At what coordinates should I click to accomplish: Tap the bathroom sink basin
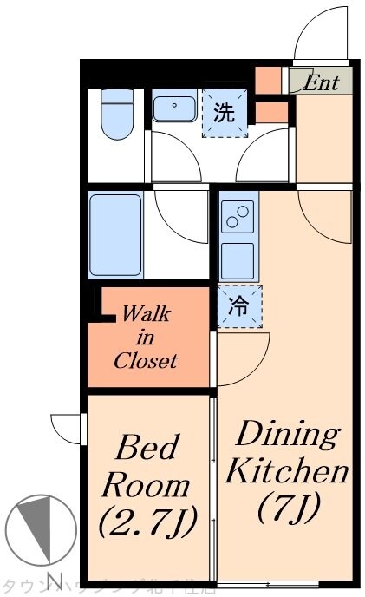pyautogui.click(x=175, y=108)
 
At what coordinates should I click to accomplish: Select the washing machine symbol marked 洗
pyautogui.click(x=224, y=115)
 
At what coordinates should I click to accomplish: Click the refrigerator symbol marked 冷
pyautogui.click(x=238, y=306)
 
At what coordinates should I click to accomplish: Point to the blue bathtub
pyautogui.click(x=115, y=233)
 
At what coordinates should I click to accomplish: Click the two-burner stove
pyautogui.click(x=237, y=217)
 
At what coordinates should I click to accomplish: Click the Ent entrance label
pyautogui.click(x=321, y=83)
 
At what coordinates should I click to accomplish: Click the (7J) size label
pyautogui.click(x=290, y=507)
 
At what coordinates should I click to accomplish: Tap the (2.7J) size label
pyautogui.click(x=146, y=521)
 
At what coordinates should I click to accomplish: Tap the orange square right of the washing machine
pyautogui.click(x=271, y=113)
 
